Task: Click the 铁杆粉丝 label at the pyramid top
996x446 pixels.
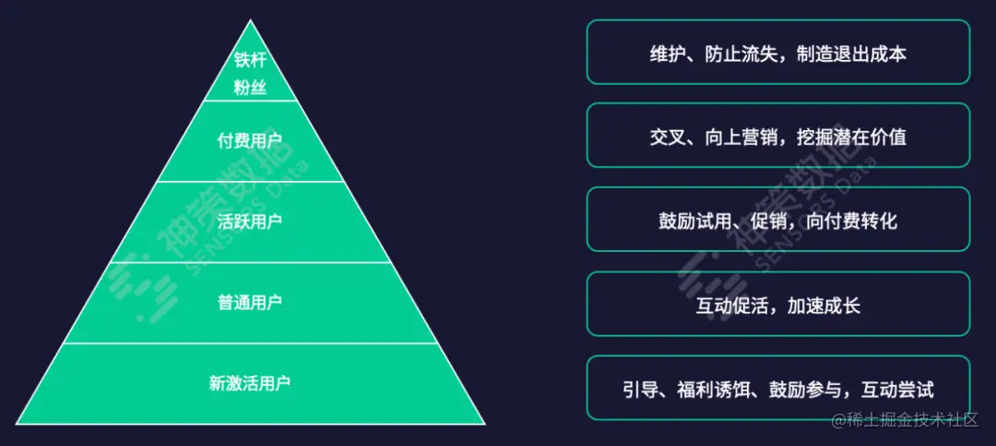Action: pyautogui.click(x=250, y=74)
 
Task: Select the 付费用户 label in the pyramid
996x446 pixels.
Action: pyautogui.click(x=250, y=142)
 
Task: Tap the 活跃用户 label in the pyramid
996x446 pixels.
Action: pyautogui.click(x=250, y=222)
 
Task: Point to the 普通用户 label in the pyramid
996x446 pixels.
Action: pyautogui.click(x=250, y=302)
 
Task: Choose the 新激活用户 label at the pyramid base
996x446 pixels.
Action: pyautogui.click(x=250, y=381)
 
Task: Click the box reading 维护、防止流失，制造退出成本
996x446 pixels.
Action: pyautogui.click(x=777, y=53)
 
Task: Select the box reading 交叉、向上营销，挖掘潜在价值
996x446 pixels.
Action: pyautogui.click(x=777, y=136)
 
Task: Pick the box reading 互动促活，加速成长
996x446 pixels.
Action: pyautogui.click(x=777, y=304)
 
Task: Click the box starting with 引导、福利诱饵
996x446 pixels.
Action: pyautogui.click(x=777, y=388)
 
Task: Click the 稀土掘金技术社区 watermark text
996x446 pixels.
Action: pyautogui.click(x=912, y=420)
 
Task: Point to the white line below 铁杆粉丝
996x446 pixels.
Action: pyautogui.click(x=250, y=100)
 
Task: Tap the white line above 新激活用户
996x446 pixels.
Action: pyautogui.click(x=250, y=343)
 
